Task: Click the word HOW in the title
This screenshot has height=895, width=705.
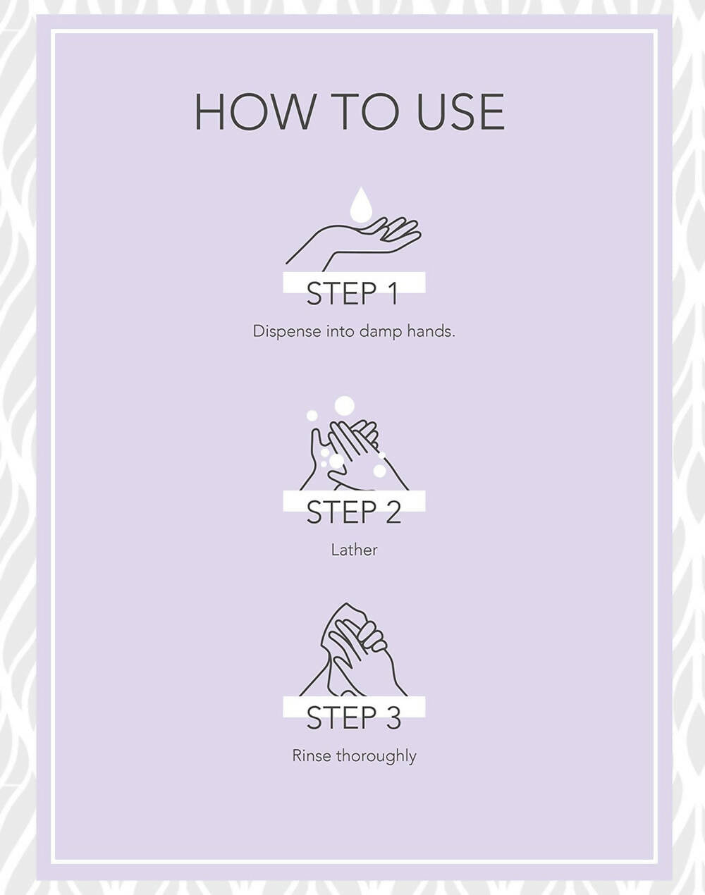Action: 255,112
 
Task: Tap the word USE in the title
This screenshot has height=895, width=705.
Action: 460,112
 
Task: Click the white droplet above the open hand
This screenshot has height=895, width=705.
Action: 360,204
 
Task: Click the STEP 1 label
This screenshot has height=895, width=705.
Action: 352,294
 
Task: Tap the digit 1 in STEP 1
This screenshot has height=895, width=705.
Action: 392,294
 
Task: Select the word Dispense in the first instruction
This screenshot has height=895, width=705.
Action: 287,331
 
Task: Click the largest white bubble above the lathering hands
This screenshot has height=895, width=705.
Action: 344,405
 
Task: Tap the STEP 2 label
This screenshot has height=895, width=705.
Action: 354,512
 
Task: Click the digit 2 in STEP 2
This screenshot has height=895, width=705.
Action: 393,512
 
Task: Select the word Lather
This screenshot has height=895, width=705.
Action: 354,550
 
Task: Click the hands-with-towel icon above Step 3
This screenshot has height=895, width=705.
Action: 353,650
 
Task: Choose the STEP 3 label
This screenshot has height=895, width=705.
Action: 354,717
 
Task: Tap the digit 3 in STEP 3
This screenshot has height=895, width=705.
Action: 393,717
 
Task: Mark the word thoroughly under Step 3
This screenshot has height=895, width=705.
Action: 376,756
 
